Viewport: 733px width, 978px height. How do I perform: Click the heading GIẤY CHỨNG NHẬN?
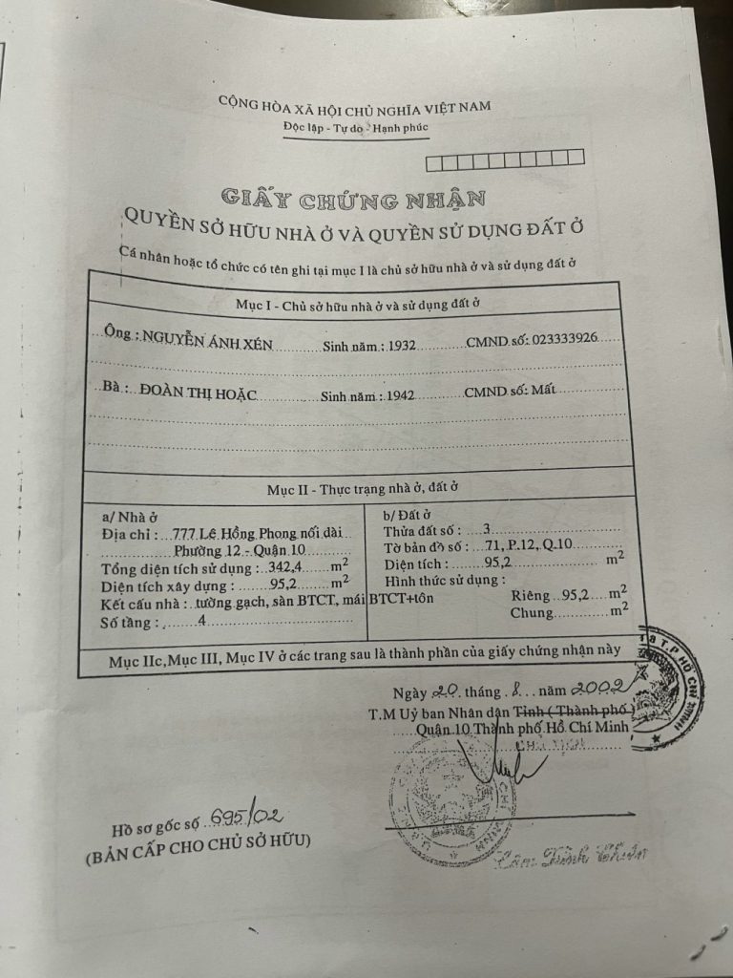(353, 199)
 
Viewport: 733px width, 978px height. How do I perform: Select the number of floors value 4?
(202, 622)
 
